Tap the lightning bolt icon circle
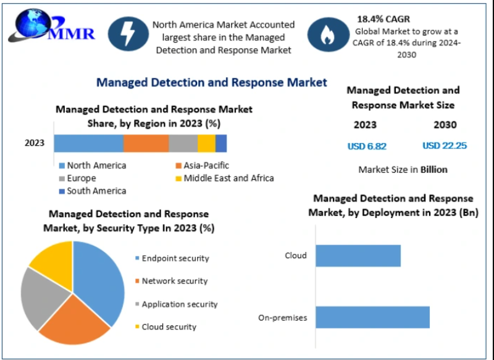(127, 33)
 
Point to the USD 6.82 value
(367, 146)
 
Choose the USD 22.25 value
(445, 146)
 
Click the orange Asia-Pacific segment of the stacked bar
(146, 143)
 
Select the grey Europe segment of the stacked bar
(183, 143)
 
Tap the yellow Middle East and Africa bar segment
(206, 143)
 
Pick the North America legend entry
(93, 165)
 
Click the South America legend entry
(93, 191)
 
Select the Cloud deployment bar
(358, 256)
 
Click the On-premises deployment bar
(372, 317)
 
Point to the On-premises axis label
(282, 318)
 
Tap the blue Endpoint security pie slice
(102, 278)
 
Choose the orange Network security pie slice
(74, 321)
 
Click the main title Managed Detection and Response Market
(211, 82)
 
